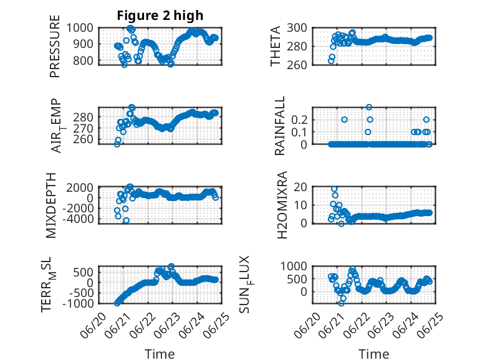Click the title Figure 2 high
pos(160,16)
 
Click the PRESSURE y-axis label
pos(54,46)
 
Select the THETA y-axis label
pos(275,46)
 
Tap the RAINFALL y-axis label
pos(279,126)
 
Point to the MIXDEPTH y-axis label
pos(51,205)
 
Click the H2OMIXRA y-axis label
pos(282,205)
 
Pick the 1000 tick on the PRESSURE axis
pos(80,28)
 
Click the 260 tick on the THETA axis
pos(297,65)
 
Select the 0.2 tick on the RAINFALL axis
pos(299,120)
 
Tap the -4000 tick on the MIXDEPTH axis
pos(78,219)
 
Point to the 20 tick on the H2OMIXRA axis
pos(300,187)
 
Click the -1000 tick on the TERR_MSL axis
pos(78,304)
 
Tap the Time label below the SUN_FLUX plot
pos(373,354)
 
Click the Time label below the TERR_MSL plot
pos(160,354)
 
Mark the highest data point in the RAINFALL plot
pos(368,107)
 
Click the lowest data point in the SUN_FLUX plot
pos(341,303)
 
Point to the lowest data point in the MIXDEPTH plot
pos(126,220)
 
